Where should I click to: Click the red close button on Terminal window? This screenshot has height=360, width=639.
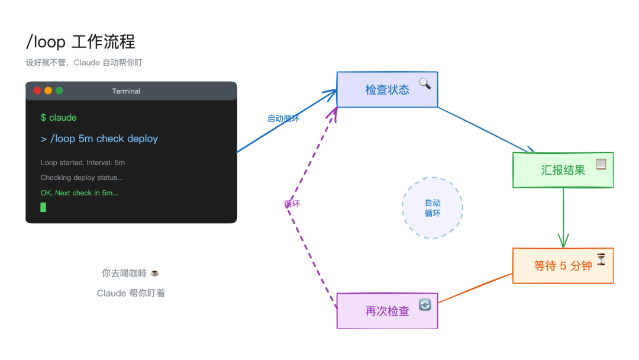pyautogui.click(x=37, y=91)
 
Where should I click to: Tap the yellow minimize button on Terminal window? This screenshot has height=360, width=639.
pyautogui.click(x=49, y=91)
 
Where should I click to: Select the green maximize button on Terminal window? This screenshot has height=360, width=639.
pyautogui.click(x=59, y=91)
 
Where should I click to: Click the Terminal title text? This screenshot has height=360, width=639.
pyautogui.click(x=126, y=91)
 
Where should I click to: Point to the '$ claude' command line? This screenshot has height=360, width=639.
pyautogui.click(x=59, y=118)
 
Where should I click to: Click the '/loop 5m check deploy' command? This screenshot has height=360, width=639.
pyautogui.click(x=99, y=139)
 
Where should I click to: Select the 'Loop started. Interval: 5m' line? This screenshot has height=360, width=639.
pyautogui.click(x=83, y=163)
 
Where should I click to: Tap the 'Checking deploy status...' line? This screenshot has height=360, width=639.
pyautogui.click(x=82, y=178)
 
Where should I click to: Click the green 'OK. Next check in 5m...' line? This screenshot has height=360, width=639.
pyautogui.click(x=79, y=193)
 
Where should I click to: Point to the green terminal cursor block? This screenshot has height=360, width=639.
pyautogui.click(x=43, y=207)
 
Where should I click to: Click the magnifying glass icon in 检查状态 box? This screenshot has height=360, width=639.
pyautogui.click(x=425, y=83)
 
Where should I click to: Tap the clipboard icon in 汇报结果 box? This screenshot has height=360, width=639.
pyautogui.click(x=601, y=163)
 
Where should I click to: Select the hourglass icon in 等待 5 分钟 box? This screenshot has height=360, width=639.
pyautogui.click(x=601, y=259)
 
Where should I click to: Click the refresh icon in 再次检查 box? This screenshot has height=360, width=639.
pyautogui.click(x=425, y=304)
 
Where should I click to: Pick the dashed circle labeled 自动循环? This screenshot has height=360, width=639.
pyautogui.click(x=433, y=208)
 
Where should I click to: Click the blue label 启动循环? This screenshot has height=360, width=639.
pyautogui.click(x=283, y=118)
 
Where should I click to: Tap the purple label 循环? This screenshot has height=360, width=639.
pyautogui.click(x=292, y=204)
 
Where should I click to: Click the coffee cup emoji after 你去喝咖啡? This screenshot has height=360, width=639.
pyautogui.click(x=154, y=273)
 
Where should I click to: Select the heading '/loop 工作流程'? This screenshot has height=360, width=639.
pyautogui.click(x=80, y=42)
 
